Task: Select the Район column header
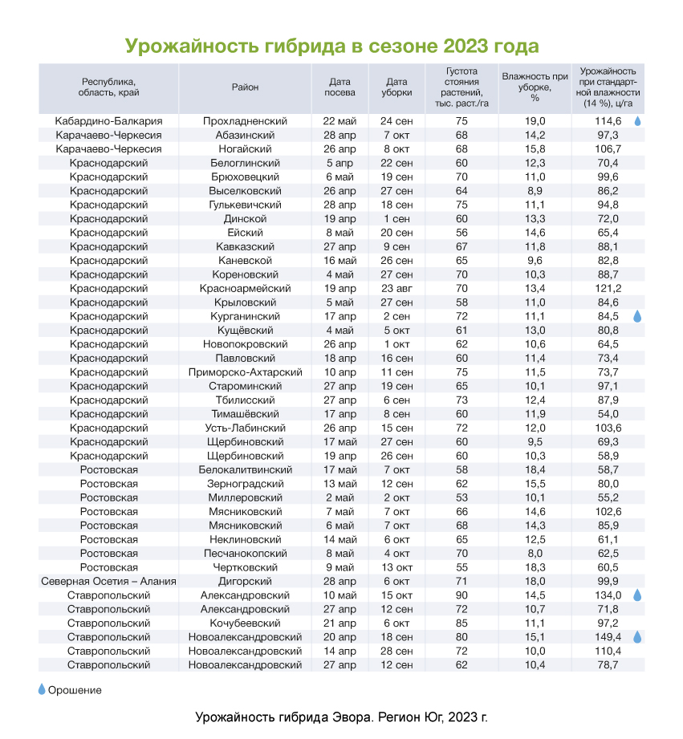[245, 87]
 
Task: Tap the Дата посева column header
[339, 87]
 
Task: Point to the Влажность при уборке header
[535, 87]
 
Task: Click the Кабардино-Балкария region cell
[108, 121]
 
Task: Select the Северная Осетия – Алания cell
[108, 582]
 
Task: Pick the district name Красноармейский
[245, 288]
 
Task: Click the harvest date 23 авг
[396, 288]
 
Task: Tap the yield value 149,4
[608, 637]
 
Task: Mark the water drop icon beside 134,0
[637, 595]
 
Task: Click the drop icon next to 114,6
[637, 121]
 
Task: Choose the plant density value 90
[461, 595]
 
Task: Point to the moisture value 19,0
[535, 121]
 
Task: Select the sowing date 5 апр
[339, 163]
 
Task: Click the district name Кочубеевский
[245, 623]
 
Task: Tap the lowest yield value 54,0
[608, 414]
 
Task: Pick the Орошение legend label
[75, 690]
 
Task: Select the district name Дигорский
[245, 582]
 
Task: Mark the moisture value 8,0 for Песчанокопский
[535, 554]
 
